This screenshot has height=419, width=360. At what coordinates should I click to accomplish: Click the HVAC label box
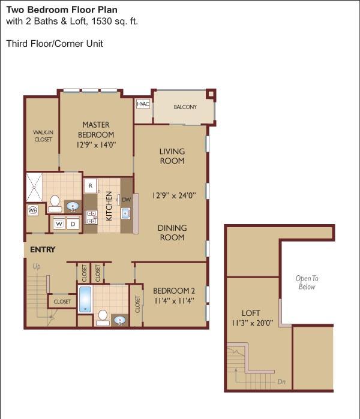coord(143,104)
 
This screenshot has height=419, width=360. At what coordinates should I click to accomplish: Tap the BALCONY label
coord(185,107)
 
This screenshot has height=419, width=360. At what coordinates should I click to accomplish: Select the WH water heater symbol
coord(32,210)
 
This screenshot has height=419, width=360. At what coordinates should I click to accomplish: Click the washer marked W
coord(59,224)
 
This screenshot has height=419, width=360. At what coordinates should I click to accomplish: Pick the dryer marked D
coord(73,224)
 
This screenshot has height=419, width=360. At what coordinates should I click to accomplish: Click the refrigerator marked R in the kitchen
coord(91,186)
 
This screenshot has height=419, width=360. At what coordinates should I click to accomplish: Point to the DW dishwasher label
coord(126,200)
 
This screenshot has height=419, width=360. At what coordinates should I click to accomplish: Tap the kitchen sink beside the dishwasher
coord(125,213)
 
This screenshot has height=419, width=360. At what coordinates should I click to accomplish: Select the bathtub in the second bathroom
coord(85,299)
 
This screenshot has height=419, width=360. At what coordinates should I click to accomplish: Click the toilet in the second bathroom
coord(103,318)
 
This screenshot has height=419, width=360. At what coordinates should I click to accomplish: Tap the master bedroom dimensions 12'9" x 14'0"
coord(96,145)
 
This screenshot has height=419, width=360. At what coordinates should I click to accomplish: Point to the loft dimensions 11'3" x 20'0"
coord(252,323)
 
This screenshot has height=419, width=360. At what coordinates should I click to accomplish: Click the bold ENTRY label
coord(43,249)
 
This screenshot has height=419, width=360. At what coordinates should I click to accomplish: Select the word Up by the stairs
coord(37,266)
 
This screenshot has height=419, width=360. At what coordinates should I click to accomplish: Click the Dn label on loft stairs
coord(281,382)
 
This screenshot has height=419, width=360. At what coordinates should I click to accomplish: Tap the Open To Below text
coord(307,282)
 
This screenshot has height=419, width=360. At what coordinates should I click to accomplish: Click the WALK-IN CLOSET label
coord(43,135)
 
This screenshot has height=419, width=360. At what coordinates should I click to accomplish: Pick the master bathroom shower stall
coord(34,187)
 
